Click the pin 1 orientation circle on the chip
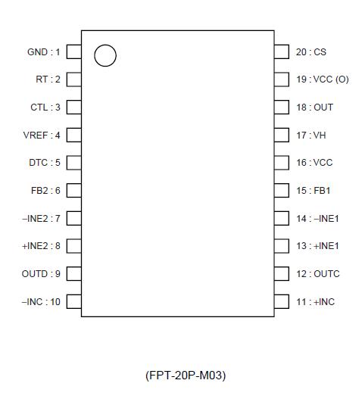[x=105, y=55]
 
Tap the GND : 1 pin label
[x=43, y=51]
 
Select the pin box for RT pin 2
[x=73, y=79]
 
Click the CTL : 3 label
[x=45, y=107]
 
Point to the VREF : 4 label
[x=42, y=135]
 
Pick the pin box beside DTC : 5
[x=73, y=163]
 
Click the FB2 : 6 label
[x=45, y=190]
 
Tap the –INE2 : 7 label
[x=41, y=218]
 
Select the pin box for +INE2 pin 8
[x=73, y=246]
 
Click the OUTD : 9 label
[x=41, y=273]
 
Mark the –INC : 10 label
[x=41, y=301]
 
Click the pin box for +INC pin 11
[x=282, y=301]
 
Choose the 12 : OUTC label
[x=317, y=273]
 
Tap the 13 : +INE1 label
[x=317, y=246]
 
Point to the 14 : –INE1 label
[x=317, y=218]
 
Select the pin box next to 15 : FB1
[x=282, y=190]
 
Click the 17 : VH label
[x=310, y=135]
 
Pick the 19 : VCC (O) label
[x=322, y=79]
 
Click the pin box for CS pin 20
[x=282, y=51]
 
